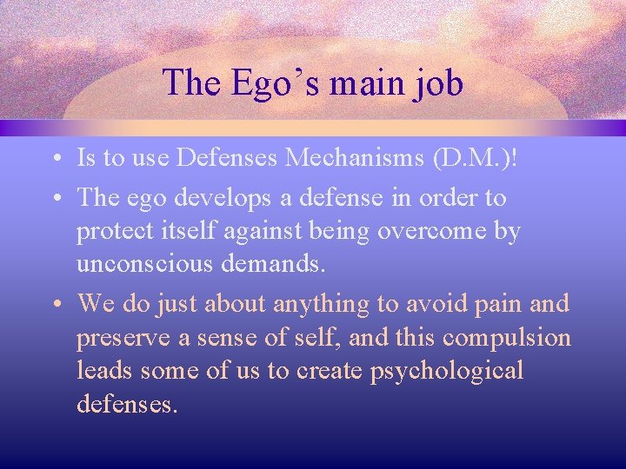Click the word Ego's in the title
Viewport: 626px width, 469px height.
(x=263, y=83)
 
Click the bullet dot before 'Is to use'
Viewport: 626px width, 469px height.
(x=55, y=160)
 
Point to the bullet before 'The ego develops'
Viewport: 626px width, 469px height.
(x=55, y=199)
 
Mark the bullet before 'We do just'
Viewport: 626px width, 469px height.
(x=55, y=304)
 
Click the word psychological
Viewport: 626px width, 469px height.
(x=447, y=372)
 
